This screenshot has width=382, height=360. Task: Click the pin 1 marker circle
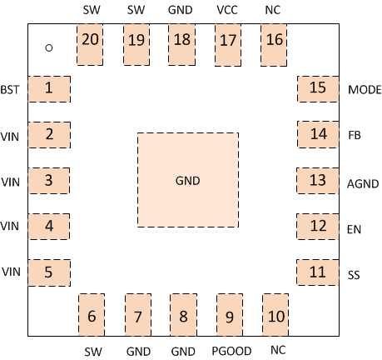tap(49, 47)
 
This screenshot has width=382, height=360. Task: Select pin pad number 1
tap(49, 88)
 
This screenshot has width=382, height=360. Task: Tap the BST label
tap(10, 89)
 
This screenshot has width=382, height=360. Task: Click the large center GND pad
tap(188, 179)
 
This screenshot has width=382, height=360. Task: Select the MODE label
tap(363, 89)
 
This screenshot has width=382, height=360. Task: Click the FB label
tap(355, 134)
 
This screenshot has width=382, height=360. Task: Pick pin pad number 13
tap(318, 180)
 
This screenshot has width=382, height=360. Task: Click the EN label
tap(354, 226)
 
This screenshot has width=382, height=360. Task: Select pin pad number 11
tap(318, 272)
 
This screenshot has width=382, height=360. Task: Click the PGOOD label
tap(227, 351)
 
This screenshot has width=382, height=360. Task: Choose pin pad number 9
tap(228, 316)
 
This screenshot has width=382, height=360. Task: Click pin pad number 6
tap(92, 316)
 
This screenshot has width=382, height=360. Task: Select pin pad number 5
tap(49, 272)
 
